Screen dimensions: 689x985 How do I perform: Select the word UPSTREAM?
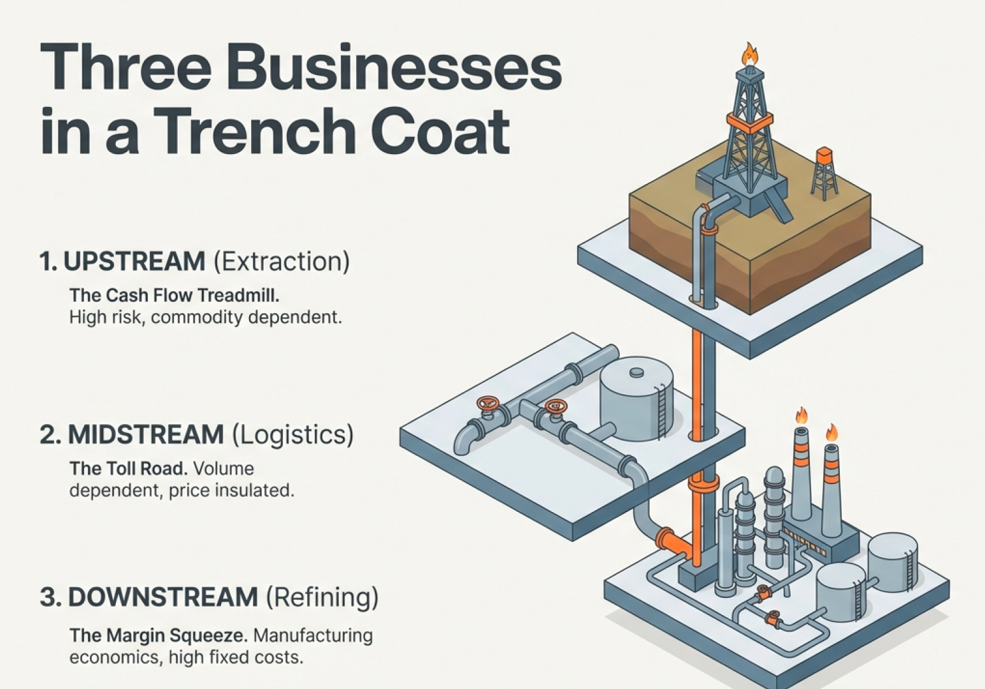[x=134, y=262]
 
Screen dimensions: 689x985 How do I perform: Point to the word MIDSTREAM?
[x=146, y=434]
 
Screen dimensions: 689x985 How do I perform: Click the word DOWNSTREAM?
[x=162, y=598]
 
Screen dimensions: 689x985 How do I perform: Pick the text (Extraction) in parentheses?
[x=281, y=262]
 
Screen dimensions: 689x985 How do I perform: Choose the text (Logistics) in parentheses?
[x=292, y=434]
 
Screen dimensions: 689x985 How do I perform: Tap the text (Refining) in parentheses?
[x=322, y=598]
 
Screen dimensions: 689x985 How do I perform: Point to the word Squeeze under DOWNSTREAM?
[x=208, y=636]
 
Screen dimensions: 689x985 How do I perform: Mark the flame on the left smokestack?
[x=801, y=416]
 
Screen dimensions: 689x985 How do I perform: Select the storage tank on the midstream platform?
[x=636, y=402]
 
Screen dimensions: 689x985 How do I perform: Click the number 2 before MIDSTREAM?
[x=47, y=435]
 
